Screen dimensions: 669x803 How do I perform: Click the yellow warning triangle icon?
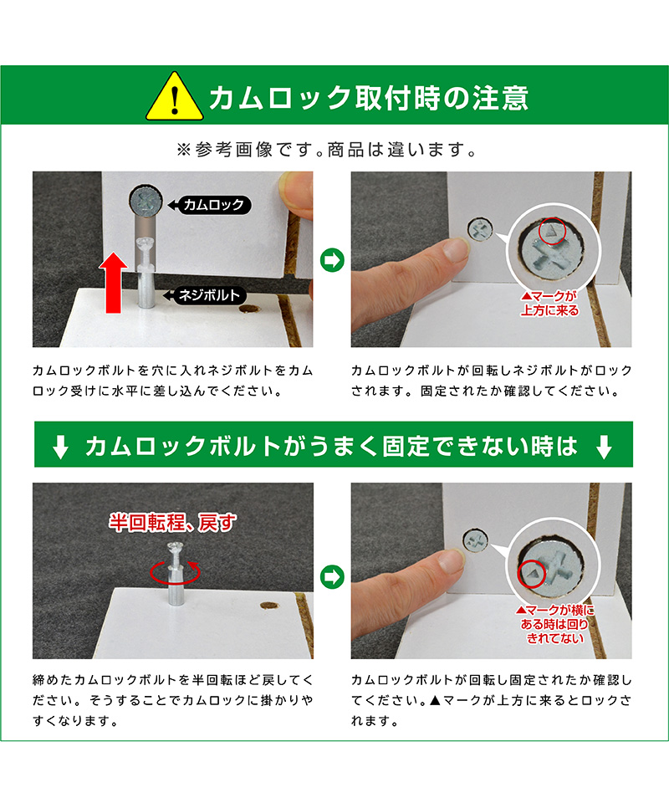click(175, 97)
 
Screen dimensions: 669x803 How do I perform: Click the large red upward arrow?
click(113, 283)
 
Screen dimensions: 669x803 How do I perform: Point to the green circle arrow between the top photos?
click(332, 259)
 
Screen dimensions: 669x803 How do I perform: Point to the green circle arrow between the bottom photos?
click(332, 577)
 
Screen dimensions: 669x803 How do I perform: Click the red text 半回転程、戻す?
click(172, 522)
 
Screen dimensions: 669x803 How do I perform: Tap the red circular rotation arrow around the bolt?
click(175, 572)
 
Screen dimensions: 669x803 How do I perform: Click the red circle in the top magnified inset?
click(552, 231)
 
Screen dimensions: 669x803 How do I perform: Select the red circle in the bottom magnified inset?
click(532, 574)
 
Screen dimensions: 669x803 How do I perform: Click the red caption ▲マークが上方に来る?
click(549, 303)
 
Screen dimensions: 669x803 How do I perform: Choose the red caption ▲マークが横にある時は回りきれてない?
click(555, 624)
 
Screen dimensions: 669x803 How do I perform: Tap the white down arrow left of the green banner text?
click(61, 447)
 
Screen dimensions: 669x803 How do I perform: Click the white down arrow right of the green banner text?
click(605, 447)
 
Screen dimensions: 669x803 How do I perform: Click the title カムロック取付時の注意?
click(368, 97)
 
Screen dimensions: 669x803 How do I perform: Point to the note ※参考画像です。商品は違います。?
click(327, 150)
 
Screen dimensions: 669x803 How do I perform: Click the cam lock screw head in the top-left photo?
click(146, 202)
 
